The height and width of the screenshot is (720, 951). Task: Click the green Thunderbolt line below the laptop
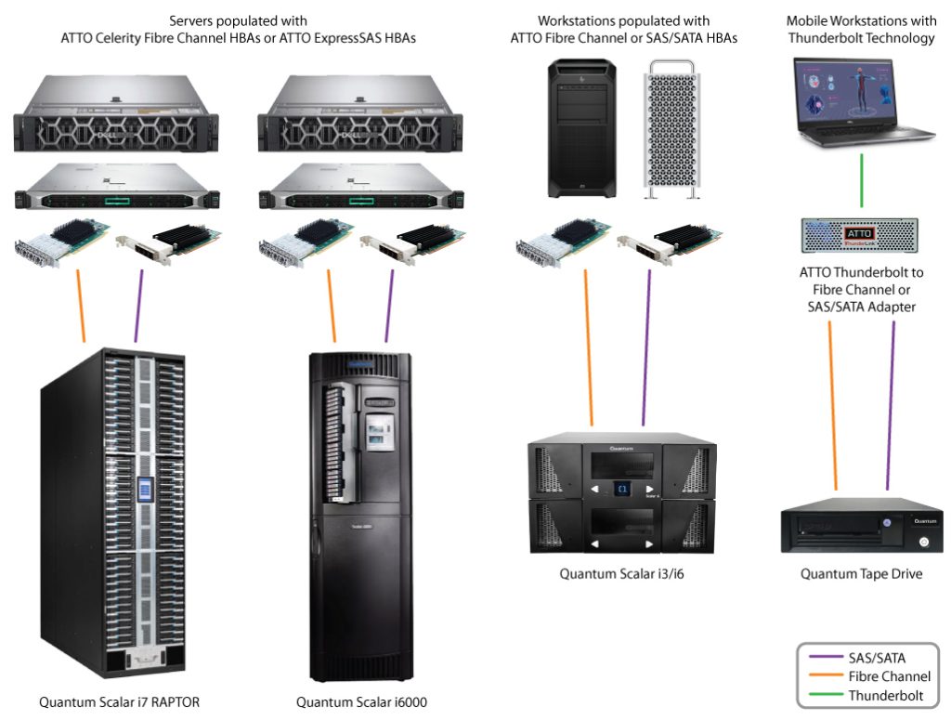point(862,182)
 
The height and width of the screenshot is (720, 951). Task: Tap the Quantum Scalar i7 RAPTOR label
point(119,702)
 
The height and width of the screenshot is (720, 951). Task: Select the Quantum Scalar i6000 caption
point(361,702)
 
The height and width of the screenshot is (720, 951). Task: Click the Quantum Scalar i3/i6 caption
point(621,573)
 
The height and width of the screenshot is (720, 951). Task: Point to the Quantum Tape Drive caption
point(861,573)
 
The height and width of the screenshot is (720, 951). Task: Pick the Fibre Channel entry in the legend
point(889,676)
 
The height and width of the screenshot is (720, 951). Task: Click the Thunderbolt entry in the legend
point(885,695)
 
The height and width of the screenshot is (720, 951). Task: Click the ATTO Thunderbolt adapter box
point(860,234)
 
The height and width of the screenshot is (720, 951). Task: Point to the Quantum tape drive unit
point(861,530)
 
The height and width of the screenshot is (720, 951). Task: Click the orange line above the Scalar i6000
point(333,306)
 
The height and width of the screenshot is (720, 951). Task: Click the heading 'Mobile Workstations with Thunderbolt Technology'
point(861,29)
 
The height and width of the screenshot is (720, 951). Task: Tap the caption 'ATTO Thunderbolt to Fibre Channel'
point(860,281)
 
